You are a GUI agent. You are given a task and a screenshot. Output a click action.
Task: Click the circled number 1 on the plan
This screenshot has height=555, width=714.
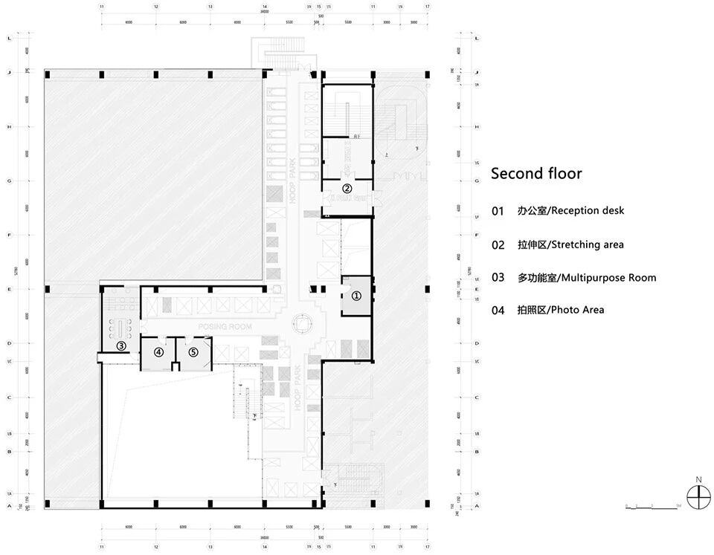coord(356,295)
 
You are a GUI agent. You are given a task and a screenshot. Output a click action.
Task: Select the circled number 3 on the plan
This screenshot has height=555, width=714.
coord(120,345)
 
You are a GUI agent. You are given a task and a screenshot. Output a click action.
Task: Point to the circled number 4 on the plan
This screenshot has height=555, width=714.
coord(158,352)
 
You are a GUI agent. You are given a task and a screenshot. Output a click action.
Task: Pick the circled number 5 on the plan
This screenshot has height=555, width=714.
coord(193,352)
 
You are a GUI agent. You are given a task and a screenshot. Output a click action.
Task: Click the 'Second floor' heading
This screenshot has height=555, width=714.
coord(536,174)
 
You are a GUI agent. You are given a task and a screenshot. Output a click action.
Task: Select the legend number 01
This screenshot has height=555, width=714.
coord(498,211)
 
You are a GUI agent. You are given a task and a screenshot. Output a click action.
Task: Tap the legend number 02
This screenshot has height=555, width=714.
coord(498,244)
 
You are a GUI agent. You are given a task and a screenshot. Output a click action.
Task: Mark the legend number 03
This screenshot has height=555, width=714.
coord(498,278)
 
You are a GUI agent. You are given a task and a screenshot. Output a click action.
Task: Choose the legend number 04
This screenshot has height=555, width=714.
coord(498,311)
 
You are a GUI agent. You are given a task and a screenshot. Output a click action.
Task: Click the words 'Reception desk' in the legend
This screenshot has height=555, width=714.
coord(588,211)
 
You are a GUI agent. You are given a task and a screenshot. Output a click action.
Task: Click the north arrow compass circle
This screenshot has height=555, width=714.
coord(698,497)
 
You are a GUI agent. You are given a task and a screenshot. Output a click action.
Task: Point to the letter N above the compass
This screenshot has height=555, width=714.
coord(698,479)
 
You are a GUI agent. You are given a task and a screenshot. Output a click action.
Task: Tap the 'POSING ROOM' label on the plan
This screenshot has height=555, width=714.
coord(225,327)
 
